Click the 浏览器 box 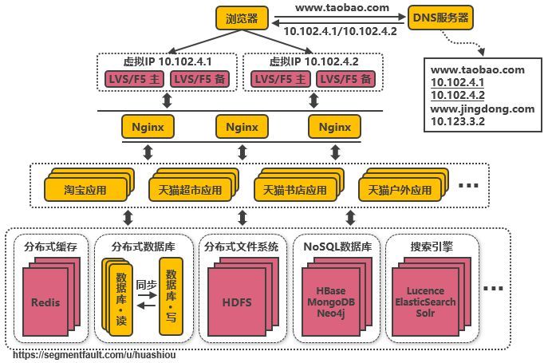pos(242,18)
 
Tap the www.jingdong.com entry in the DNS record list pos(482,109)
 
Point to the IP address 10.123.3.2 pos(459,121)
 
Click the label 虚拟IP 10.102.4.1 pos(168,61)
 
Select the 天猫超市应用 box pos(189,191)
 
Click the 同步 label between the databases pos(146,284)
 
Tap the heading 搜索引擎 pos(431,247)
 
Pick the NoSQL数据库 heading pos(337,247)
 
